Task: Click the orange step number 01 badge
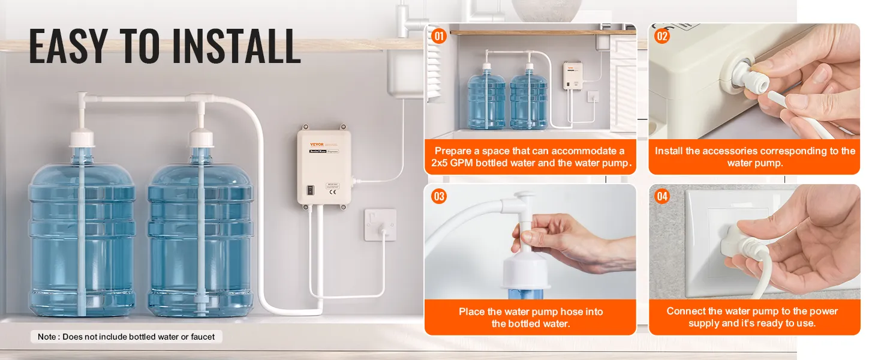tap(439, 37)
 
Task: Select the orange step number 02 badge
tap(661, 37)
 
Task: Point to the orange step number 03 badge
tap(439, 196)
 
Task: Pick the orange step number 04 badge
tap(661, 196)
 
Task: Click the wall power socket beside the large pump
tap(380, 224)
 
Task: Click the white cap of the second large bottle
tap(201, 140)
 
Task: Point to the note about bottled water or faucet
tap(126, 337)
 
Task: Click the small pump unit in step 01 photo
tap(574, 76)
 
